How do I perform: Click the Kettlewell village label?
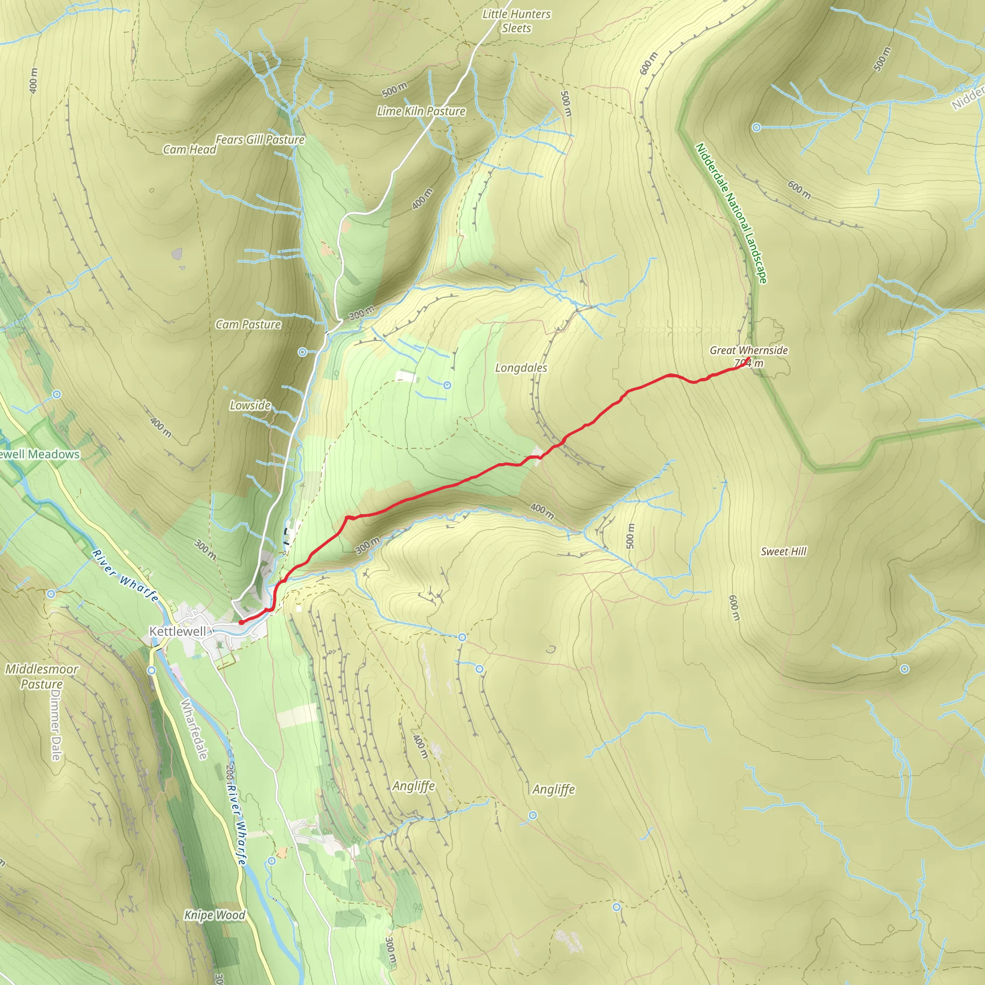coord(177,631)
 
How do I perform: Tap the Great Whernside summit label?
coord(748,350)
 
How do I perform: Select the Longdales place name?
coord(521,367)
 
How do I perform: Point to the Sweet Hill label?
coord(783,551)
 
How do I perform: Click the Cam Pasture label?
coord(248,324)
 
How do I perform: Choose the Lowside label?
coord(250,405)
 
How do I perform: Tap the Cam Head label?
coord(189,150)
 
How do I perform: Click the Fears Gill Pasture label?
coord(260,139)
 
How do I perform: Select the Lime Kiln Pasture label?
coord(421,111)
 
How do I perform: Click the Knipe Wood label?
coord(215,915)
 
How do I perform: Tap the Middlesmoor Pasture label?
coord(42,676)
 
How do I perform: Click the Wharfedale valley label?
coord(194,729)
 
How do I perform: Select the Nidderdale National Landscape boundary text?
coord(731,213)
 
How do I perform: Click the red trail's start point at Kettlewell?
coord(240,622)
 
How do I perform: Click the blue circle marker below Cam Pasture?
coord(303,352)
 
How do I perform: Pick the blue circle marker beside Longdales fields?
coord(447,385)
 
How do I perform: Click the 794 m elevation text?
coord(749,364)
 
